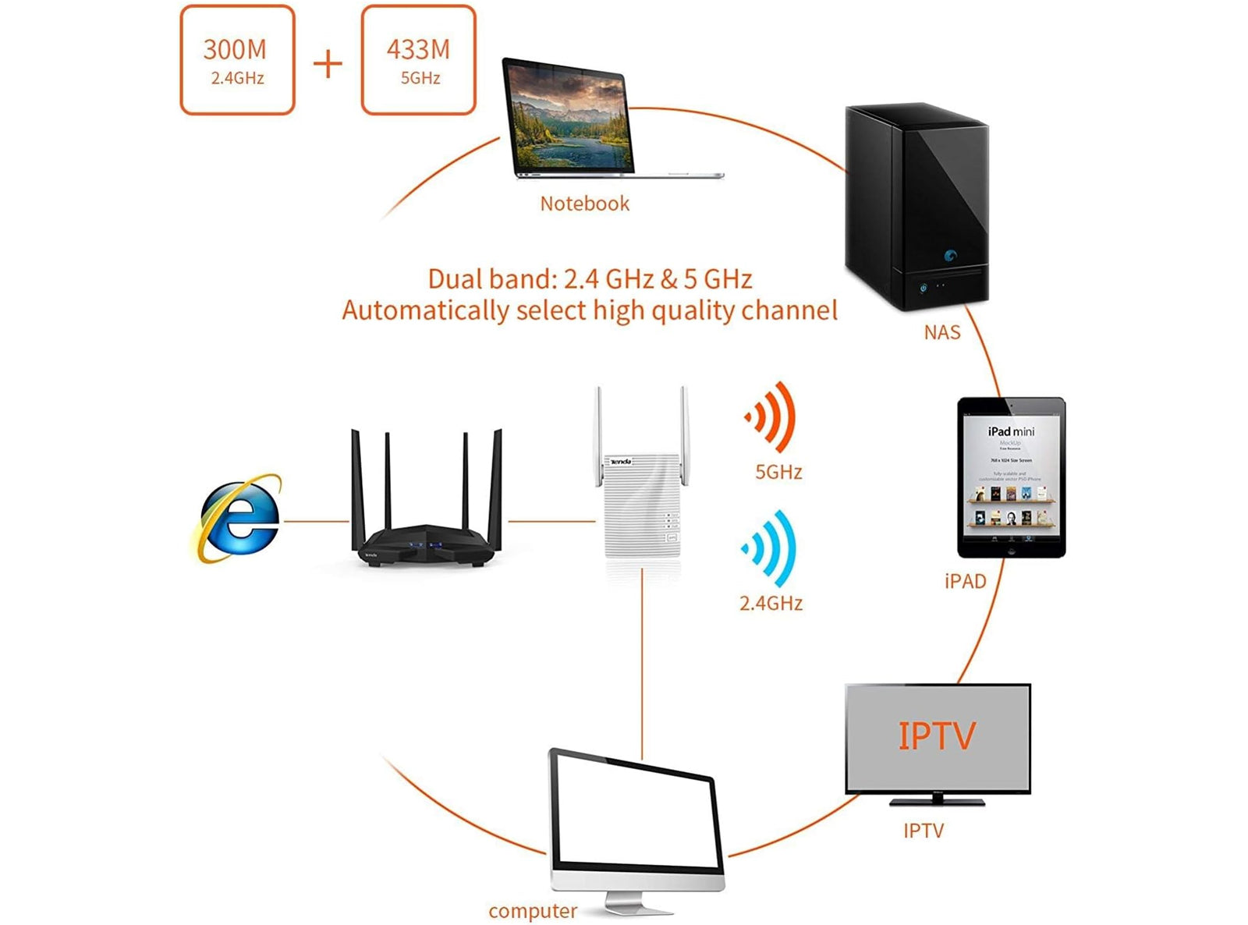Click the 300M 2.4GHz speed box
[237, 60]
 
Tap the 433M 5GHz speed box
[418, 60]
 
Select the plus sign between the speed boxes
[328, 63]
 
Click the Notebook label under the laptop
[584, 204]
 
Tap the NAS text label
[941, 333]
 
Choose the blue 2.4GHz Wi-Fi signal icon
[770, 548]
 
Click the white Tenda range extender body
[641, 507]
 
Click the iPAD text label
[965, 581]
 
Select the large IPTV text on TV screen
[936, 736]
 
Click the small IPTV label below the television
[924, 831]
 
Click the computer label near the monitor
[533, 911]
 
